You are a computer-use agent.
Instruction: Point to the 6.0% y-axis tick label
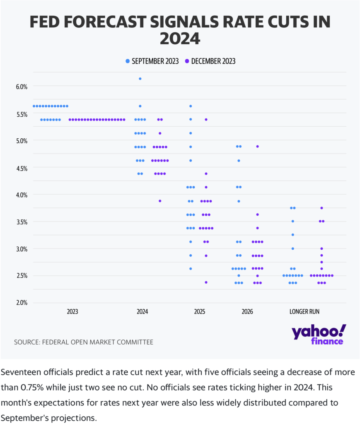pyautogui.click(x=21, y=87)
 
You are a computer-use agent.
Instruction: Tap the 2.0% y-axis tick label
pyautogui.click(x=21, y=303)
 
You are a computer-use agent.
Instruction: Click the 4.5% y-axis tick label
pyautogui.click(x=21, y=168)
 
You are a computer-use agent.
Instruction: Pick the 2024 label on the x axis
pyautogui.click(x=142, y=311)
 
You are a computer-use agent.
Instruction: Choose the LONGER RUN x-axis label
pyautogui.click(x=304, y=311)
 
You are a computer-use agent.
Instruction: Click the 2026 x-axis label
pyautogui.click(x=247, y=311)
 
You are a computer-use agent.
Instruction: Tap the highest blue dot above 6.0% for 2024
pyautogui.click(x=140, y=79)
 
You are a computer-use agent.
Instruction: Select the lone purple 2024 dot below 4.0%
pyautogui.click(x=160, y=201)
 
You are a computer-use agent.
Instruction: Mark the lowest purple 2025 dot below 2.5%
pyautogui.click(x=206, y=282)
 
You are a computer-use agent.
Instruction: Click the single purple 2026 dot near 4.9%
pyautogui.click(x=257, y=146)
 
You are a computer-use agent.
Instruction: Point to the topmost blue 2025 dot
pyautogui.click(x=191, y=106)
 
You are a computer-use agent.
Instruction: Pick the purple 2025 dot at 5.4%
pyautogui.click(x=206, y=119)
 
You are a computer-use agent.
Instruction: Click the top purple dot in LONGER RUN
pyautogui.click(x=321, y=208)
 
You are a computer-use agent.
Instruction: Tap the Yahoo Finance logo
pyautogui.click(x=319, y=335)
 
